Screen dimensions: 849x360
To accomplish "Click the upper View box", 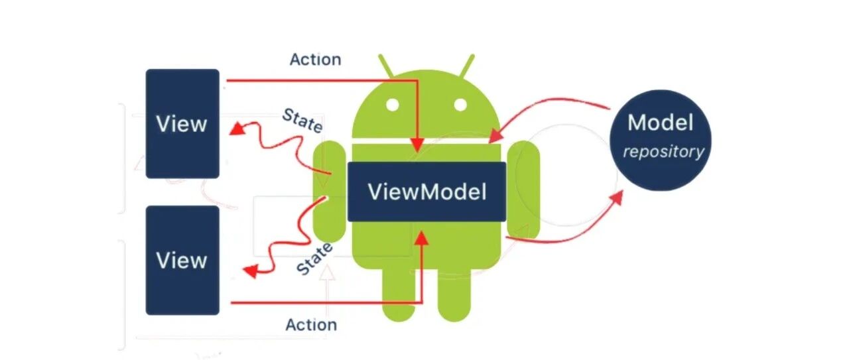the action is pos(182,123).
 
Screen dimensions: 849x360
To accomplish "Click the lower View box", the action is pos(182,261).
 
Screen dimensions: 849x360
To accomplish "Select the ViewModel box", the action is pos(426,192).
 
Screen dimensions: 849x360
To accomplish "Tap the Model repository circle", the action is pos(660,140).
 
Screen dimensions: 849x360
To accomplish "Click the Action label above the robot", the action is pos(315,60).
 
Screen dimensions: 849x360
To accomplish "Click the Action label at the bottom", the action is pos(311,325).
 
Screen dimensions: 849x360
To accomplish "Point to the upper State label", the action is pos(302,121).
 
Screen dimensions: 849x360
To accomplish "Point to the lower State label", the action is pos(314,259).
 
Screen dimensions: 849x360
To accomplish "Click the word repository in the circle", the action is pos(664,152).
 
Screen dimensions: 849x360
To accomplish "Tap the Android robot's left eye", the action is pos(393,105).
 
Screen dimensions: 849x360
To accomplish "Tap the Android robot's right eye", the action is pos(460,105).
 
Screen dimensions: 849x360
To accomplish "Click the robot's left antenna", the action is pos(387,67).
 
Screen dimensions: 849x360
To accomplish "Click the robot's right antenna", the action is pos(466,67).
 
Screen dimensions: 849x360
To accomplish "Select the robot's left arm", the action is pos(330,192).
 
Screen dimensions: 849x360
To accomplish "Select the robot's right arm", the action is pos(523,190).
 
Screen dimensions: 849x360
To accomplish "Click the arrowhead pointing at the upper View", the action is pos(237,129).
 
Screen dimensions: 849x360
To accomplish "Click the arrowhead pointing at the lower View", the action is pos(251,271).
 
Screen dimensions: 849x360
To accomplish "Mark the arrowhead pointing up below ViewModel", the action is pos(421,239).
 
